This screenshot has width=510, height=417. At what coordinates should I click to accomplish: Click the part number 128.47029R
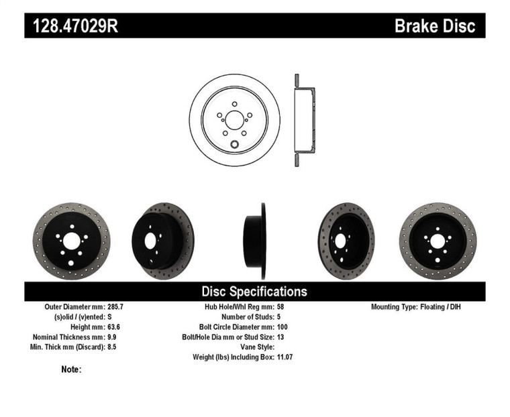(76, 26)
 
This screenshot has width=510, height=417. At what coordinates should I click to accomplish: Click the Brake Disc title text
(434, 26)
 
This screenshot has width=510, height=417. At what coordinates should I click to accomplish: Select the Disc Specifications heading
(254, 291)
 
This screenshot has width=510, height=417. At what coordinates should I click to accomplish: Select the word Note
(70, 369)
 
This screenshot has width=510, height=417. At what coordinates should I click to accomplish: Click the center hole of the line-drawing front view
(234, 120)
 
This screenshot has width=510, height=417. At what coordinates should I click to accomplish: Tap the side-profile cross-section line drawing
(304, 120)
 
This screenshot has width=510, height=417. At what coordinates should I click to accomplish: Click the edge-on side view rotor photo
(256, 241)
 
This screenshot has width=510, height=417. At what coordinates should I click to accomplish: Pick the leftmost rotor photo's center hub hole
(72, 240)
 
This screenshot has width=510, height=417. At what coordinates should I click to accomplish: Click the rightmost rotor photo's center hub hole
(438, 241)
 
